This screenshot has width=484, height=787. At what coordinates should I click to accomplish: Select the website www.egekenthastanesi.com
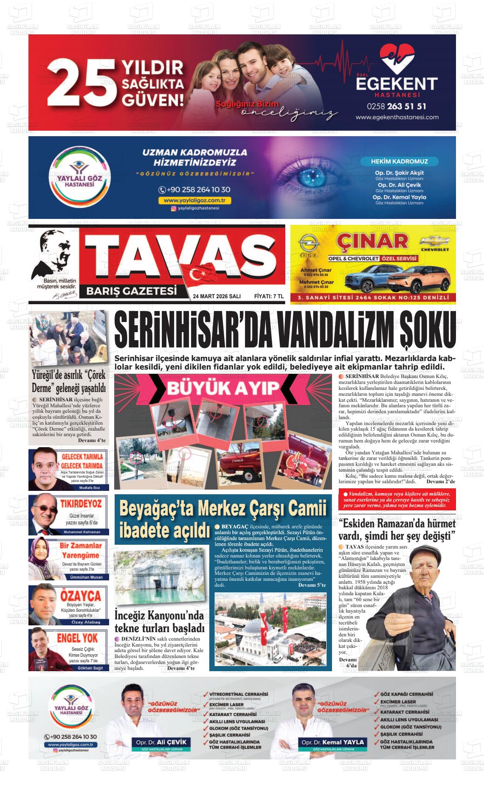[x=397, y=118]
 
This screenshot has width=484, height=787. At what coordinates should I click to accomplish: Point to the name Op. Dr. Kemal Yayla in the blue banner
[x=399, y=197]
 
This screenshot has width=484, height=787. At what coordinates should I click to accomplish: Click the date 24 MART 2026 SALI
[x=217, y=297]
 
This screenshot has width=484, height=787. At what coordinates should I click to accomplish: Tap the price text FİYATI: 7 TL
[x=268, y=297]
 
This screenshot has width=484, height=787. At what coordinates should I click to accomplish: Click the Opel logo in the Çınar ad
[x=306, y=245]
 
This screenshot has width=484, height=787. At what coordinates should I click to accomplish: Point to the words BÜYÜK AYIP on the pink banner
[x=223, y=387]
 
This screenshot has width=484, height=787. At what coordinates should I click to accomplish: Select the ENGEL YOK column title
[x=77, y=638]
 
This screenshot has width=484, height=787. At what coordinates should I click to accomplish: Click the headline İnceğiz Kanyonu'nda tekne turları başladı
[x=160, y=622]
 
